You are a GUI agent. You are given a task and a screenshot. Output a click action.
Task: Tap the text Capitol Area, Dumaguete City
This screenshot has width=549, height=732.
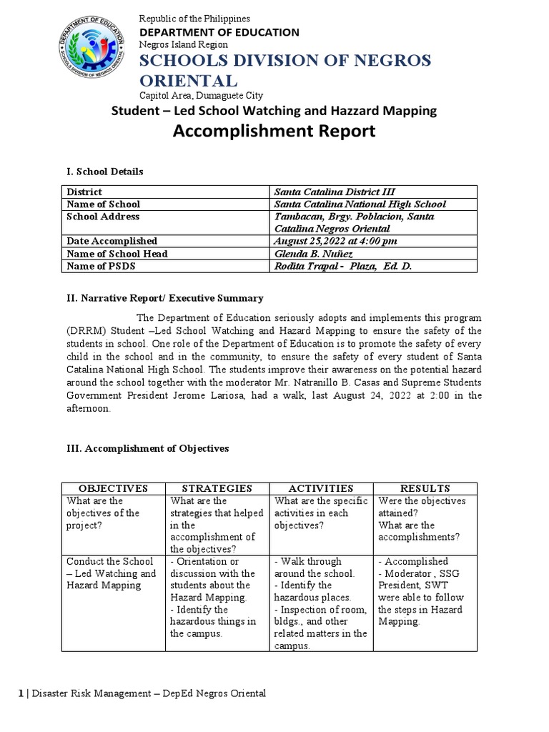tap(201, 95)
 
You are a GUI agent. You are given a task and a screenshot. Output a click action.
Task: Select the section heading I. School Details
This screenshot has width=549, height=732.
tap(104, 172)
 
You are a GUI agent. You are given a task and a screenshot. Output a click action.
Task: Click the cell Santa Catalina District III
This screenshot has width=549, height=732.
tap(335, 192)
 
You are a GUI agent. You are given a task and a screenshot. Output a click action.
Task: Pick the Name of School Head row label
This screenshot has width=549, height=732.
tap(117, 254)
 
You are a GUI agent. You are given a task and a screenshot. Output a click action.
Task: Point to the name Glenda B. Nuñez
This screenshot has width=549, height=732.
tap(312, 254)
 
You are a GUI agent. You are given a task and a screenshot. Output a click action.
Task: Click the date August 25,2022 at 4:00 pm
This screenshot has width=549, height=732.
tap(336, 241)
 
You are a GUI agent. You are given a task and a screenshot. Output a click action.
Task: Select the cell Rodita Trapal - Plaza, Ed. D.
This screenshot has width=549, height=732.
tap(343, 266)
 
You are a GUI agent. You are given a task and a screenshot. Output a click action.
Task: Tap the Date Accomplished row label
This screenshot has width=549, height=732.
tap(112, 241)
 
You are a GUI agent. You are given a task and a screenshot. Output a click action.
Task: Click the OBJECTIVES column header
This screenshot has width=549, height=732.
tap(113, 488)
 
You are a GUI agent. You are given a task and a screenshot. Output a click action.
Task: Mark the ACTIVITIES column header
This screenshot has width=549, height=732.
tap(321, 488)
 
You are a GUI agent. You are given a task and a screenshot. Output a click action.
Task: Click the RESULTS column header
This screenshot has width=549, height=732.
tap(425, 488)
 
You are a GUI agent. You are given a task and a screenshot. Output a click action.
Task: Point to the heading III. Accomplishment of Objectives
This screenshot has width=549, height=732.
tap(147, 448)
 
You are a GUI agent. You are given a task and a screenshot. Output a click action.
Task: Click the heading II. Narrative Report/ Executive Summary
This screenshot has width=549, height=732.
tap(164, 297)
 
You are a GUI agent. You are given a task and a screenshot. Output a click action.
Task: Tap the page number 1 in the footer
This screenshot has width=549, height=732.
tap(21, 693)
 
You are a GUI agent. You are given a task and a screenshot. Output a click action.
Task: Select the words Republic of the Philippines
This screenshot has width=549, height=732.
tap(194, 18)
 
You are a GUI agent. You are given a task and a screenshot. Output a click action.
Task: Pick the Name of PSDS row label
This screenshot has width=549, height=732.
tap(102, 266)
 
